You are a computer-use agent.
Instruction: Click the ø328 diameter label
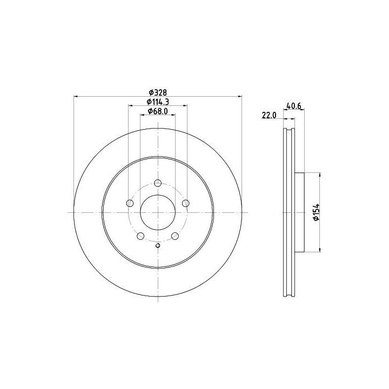[x=158, y=92]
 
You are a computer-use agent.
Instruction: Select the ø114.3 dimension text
[x=158, y=102]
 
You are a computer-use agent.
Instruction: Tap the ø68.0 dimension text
[x=158, y=111]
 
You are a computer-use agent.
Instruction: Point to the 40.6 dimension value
[x=294, y=106]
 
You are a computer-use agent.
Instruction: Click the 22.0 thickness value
[x=269, y=116]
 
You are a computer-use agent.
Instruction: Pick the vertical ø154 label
[x=316, y=212]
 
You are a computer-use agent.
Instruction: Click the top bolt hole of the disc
[x=158, y=183]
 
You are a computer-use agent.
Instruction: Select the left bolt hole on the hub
[x=130, y=204]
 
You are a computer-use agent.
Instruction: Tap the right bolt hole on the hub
[x=185, y=204]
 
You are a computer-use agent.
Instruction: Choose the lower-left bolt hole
[x=140, y=236]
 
